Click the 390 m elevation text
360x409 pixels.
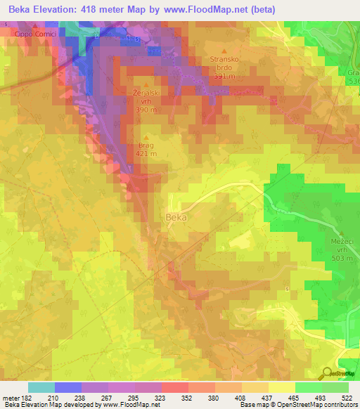point(146,110)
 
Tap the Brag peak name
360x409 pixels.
point(146,146)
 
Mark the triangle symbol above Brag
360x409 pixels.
point(146,137)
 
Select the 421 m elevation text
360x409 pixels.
point(146,155)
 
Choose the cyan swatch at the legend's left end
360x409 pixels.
point(41,387)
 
